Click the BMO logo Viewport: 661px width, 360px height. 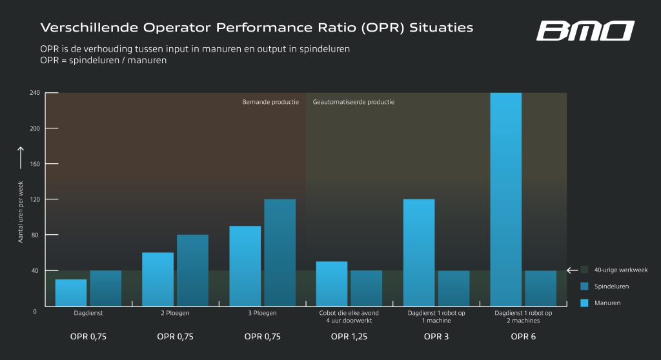[585, 30]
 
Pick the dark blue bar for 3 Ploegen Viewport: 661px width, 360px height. [280, 252]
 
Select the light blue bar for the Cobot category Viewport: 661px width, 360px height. [332, 283]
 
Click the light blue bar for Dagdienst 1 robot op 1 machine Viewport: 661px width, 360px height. [419, 252]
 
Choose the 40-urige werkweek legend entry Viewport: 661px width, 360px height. [620, 270]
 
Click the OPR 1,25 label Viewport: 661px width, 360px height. [349, 337]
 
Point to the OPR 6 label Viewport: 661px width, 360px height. [523, 337]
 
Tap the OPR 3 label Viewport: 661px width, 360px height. [436, 337]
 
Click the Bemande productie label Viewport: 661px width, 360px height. [270, 102]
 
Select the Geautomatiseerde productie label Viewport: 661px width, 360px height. [354, 102]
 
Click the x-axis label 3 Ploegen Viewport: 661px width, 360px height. [262, 313]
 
